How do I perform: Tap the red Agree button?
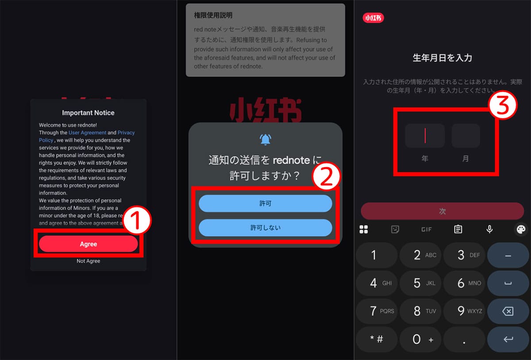pos(88,244)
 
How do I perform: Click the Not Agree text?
pos(88,261)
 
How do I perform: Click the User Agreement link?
pos(87,133)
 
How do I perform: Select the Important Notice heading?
pos(88,113)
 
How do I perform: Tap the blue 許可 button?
pos(265,203)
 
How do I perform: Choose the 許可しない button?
pos(265,228)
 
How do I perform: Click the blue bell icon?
pos(265,139)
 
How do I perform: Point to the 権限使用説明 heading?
pos(213,15)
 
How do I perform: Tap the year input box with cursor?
pos(425,136)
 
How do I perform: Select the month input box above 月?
pos(466,136)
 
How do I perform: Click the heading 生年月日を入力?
pos(442,58)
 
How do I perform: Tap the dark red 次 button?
pos(442,211)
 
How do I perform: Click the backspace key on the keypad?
pos(508,311)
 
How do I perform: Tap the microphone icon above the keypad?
pos(489,229)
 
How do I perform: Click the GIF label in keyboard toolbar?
pos(426,229)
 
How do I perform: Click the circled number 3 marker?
pos(503,107)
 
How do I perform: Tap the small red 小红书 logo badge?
pos(373,18)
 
